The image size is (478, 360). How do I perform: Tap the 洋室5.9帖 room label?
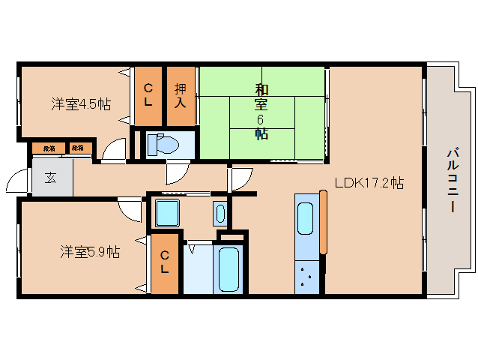pos(90,252)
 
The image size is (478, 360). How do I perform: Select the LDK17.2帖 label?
pos(369,182)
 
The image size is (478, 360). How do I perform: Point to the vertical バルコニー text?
pos(452,181)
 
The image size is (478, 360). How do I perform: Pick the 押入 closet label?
pos(181,94)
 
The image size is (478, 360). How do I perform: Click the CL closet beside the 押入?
pos(148,94)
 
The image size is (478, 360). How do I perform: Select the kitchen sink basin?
pos(306,220)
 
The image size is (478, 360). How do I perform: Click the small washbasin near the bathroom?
pos(220,213)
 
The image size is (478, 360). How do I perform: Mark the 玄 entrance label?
pos(51,178)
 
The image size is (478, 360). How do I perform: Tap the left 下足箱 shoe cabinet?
pos(49,148)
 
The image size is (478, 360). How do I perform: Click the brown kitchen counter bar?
pos(324,222)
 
